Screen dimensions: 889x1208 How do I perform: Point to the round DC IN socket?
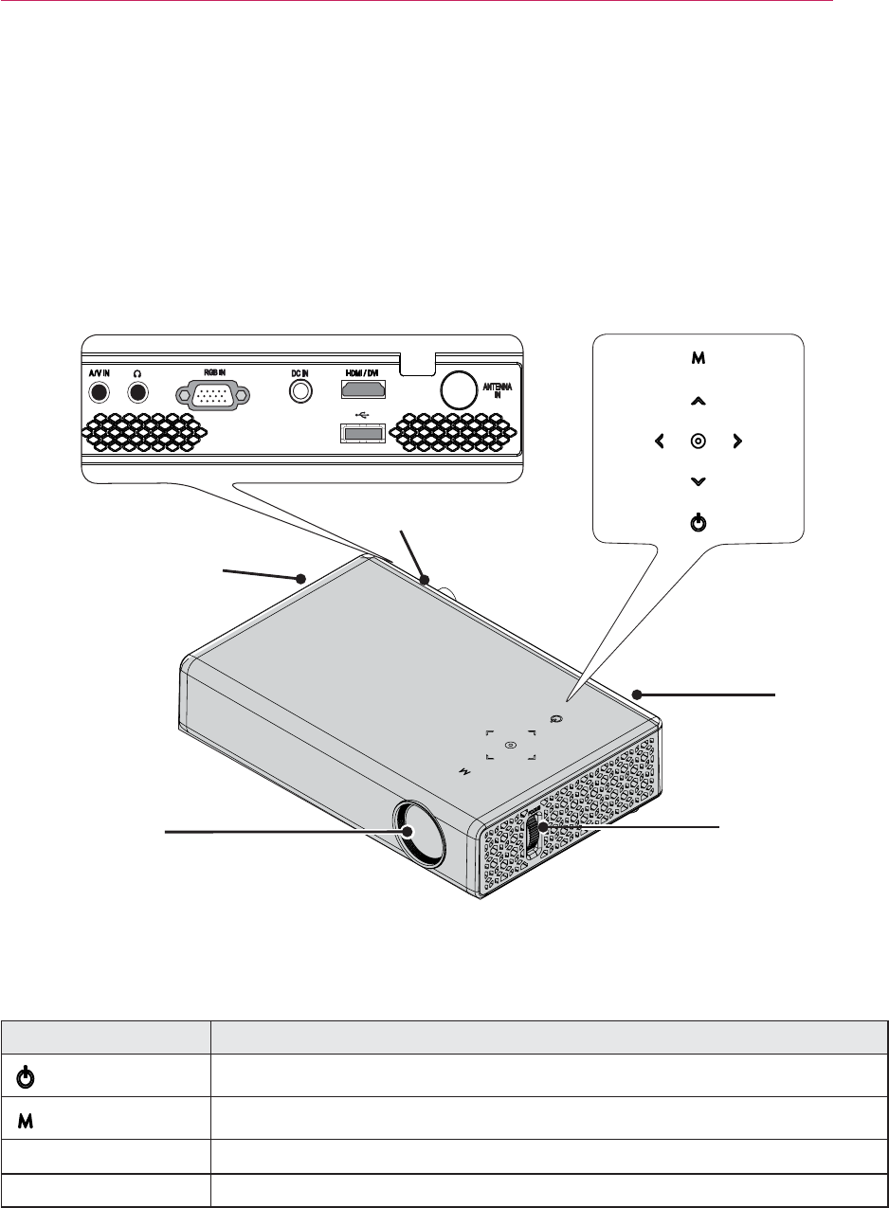(301, 389)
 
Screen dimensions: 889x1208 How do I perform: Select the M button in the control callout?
(698, 359)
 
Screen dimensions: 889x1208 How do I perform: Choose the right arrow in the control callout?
(736, 441)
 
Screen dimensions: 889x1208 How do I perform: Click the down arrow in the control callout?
(698, 481)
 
